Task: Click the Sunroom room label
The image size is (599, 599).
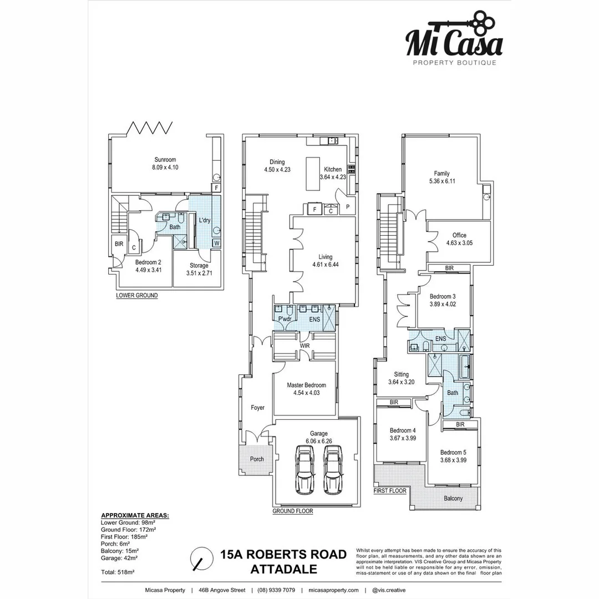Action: [164, 160]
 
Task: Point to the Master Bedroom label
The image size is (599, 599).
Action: [306, 385]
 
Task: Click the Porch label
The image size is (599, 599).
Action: [257, 459]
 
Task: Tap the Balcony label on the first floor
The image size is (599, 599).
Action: [453, 499]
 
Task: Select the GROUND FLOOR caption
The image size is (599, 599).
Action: [293, 511]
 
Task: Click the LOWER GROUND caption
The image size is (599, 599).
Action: [136, 296]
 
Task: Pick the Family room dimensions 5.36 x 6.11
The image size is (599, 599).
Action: [442, 181]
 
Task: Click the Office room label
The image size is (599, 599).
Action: [459, 235]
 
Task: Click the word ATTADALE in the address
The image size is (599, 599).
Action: [283, 569]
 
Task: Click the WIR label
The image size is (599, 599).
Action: [304, 346]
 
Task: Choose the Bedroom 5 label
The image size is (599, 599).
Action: [454, 452]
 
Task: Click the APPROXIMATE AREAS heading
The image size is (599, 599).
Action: [135, 515]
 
